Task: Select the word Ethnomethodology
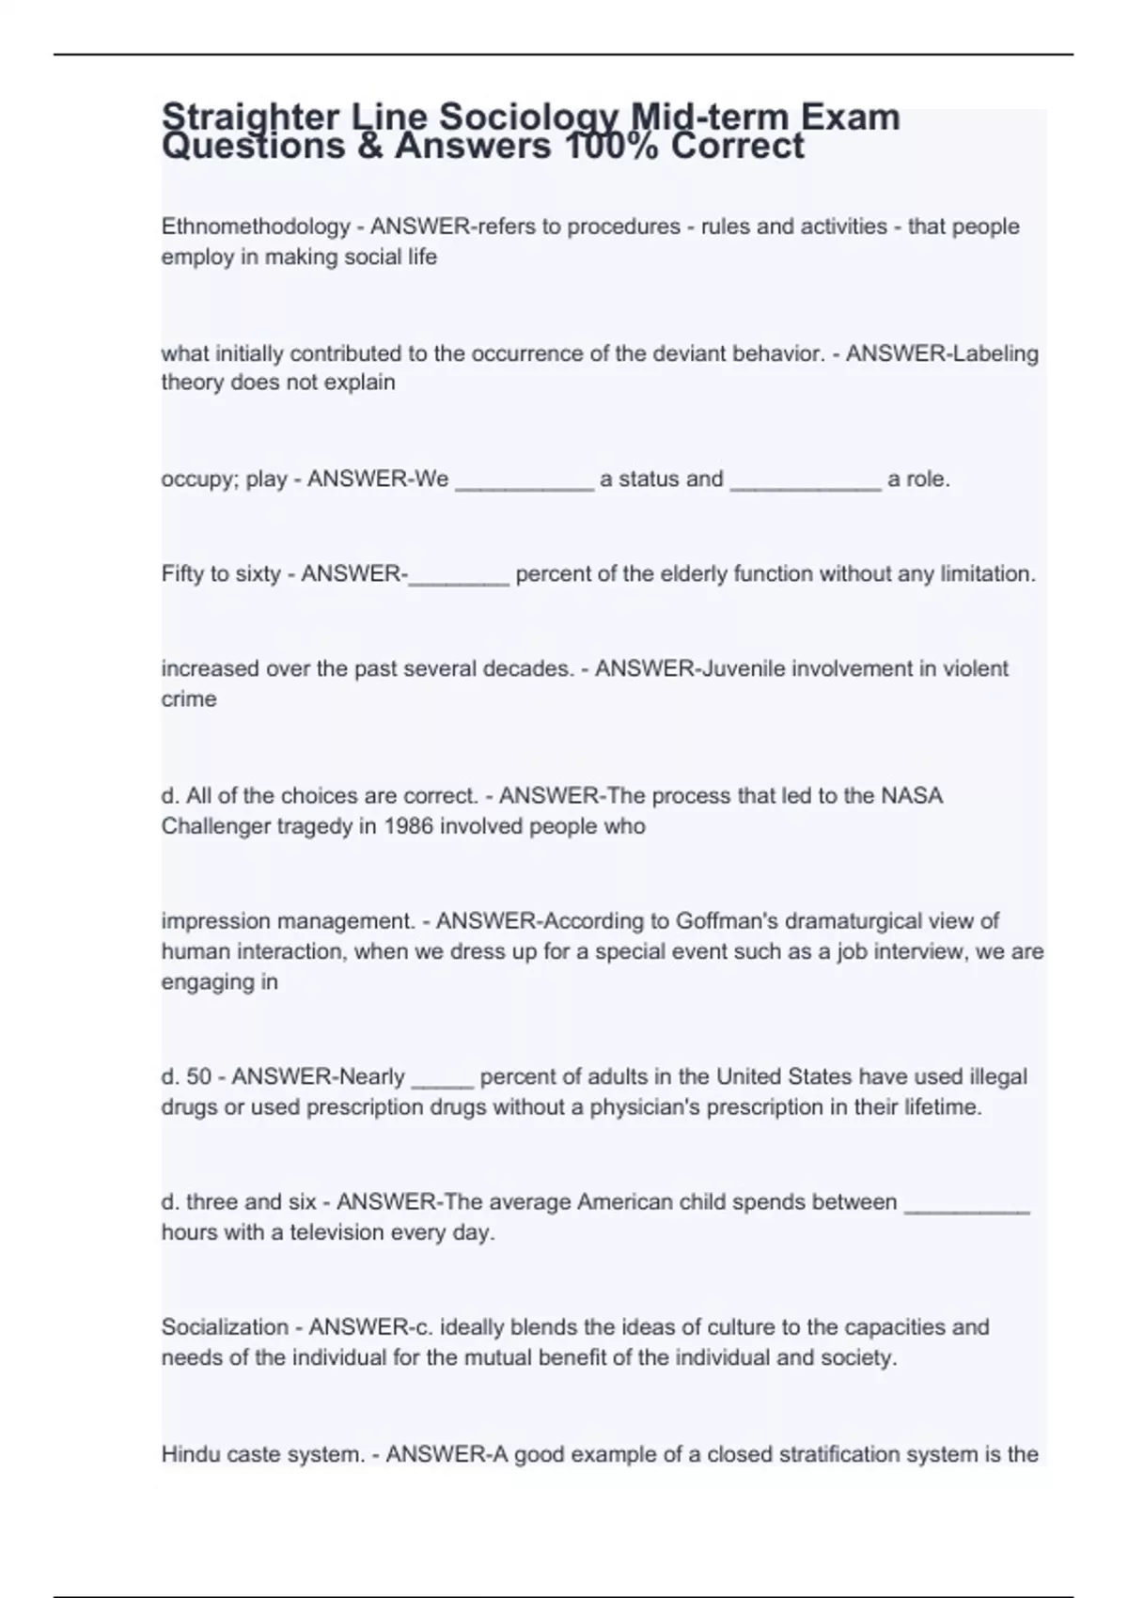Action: click(x=256, y=227)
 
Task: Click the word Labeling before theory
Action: click(x=995, y=354)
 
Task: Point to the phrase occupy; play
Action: click(x=224, y=479)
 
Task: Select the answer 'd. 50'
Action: click(x=186, y=1077)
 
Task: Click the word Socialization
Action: click(x=225, y=1328)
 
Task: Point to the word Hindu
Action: click(x=188, y=1455)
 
